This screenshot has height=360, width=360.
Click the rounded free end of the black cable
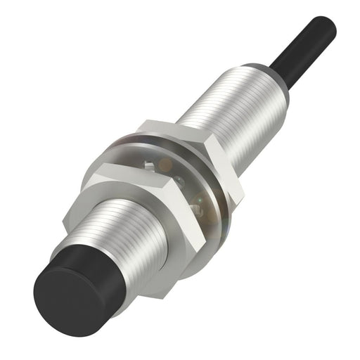click(328, 25)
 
